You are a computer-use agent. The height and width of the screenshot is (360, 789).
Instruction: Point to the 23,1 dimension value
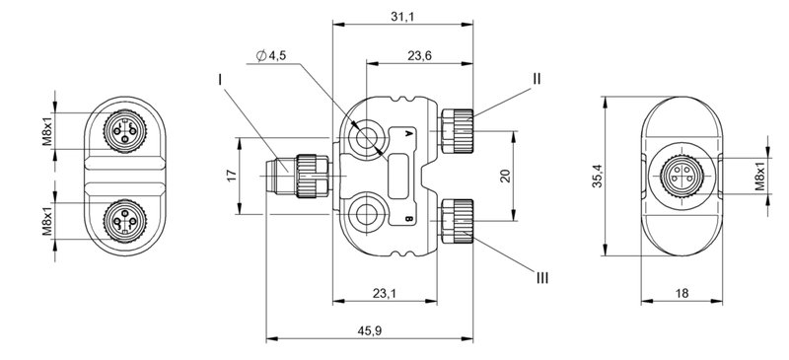385,293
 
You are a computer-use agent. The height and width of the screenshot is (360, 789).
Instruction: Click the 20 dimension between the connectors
505,176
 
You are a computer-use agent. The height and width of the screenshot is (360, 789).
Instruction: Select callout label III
540,278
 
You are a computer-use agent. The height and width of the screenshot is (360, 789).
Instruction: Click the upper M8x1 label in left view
47,129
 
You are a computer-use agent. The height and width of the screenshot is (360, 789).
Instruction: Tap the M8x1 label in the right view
759,177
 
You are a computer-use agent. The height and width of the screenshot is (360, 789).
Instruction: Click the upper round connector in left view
125,129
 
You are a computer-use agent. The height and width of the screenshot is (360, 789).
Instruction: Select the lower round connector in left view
125,215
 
